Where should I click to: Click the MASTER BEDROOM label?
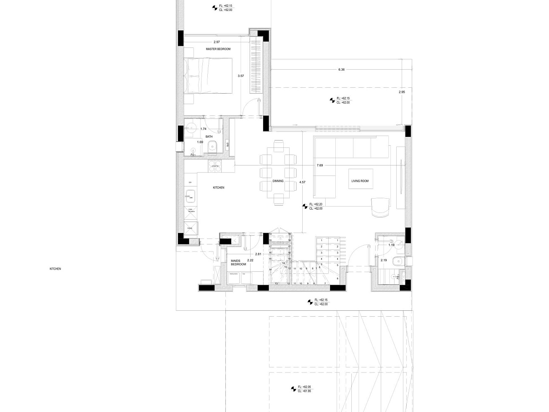tap(218, 49)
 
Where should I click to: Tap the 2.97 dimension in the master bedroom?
tap(217, 42)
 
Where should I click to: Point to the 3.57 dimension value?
tap(241, 76)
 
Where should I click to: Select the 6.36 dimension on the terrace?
tap(341, 69)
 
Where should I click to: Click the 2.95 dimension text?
tap(402, 92)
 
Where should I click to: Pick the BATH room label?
tap(209, 136)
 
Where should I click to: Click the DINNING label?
tap(278, 181)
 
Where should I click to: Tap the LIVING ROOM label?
tap(360, 181)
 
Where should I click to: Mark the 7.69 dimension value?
tap(320, 165)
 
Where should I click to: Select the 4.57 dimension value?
tap(303, 182)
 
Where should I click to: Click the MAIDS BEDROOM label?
tap(238, 262)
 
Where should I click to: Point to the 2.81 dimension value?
tap(258, 254)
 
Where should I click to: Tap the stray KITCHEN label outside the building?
tap(55, 268)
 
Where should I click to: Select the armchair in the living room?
tap(381, 207)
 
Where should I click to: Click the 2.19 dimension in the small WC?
tap(383, 260)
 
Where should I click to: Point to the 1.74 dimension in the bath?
tap(203, 129)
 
